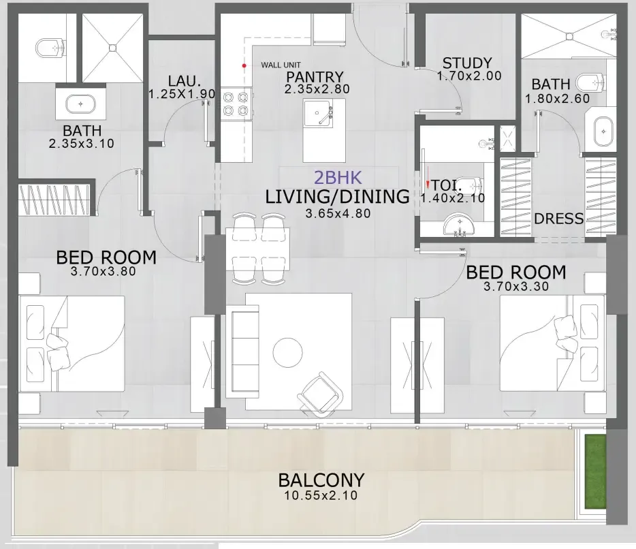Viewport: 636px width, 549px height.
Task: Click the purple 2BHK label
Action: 338,178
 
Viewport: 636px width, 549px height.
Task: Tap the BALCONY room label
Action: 321,480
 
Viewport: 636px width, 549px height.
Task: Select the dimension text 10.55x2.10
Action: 321,496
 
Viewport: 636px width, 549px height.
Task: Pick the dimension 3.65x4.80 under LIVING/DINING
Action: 337,213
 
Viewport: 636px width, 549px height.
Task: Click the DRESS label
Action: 559,219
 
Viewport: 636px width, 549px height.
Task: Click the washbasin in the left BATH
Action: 80,104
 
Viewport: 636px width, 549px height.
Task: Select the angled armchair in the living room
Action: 319,392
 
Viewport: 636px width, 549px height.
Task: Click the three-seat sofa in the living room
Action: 242,352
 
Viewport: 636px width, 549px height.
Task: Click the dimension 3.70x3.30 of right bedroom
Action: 515,287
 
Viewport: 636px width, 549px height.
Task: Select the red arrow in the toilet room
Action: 428,184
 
